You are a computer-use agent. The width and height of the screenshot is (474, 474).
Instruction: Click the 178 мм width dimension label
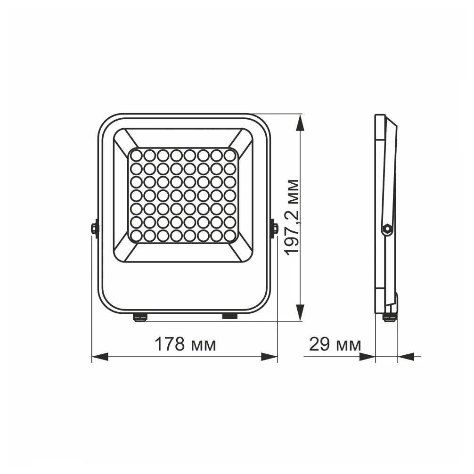(185, 344)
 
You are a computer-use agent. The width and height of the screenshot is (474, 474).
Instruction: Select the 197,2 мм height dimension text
(293, 217)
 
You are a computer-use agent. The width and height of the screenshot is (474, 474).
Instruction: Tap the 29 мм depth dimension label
(335, 344)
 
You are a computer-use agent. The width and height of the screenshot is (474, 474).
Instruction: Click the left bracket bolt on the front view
(94, 229)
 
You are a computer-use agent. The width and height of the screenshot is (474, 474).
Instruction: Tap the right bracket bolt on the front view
(274, 229)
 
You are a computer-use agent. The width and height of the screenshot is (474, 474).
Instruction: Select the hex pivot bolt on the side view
(387, 229)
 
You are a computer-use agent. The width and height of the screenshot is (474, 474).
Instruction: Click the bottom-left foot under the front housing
(139, 317)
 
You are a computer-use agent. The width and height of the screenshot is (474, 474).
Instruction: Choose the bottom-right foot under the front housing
(229, 316)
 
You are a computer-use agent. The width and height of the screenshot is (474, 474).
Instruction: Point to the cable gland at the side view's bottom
(389, 317)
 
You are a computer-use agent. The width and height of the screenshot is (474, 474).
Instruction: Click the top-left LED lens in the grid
(137, 155)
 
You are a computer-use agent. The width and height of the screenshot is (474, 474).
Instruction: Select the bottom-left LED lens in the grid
(137, 234)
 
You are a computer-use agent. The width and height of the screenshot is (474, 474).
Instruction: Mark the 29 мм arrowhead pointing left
(406, 357)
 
